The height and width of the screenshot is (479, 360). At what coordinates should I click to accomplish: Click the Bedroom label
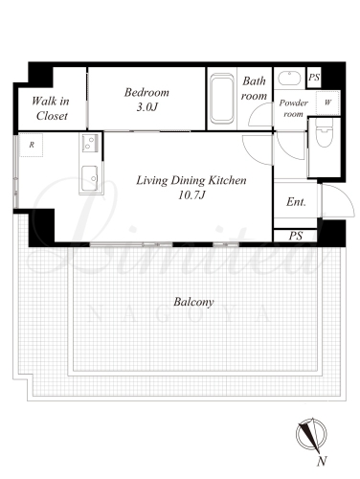pyautogui.click(x=146, y=93)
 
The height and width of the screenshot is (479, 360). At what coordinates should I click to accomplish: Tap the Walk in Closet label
pyautogui.click(x=51, y=108)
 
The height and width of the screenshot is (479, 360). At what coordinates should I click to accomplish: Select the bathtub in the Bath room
pyautogui.click(x=222, y=99)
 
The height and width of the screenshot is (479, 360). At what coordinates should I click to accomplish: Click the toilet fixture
pyautogui.click(x=324, y=132)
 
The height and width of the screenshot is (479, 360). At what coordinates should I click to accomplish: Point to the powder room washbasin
pyautogui.click(x=289, y=79)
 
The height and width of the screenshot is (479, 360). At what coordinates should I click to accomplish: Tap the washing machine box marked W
pyautogui.click(x=327, y=103)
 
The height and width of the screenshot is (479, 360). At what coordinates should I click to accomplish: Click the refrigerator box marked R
pyautogui.click(x=32, y=146)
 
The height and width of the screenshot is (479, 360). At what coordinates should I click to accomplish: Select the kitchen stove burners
pyautogui.click(x=90, y=143)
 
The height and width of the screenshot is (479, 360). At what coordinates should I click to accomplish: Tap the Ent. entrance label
pyautogui.click(x=296, y=202)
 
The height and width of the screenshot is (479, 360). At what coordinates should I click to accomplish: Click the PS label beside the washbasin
pyautogui.click(x=314, y=78)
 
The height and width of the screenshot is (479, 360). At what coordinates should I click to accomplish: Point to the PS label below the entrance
pyautogui.click(x=296, y=236)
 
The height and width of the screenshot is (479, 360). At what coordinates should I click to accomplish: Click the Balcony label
pyautogui.click(x=193, y=302)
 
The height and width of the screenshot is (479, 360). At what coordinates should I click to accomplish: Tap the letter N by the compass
pyautogui.click(x=323, y=461)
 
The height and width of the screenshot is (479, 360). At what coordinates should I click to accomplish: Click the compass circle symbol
pyautogui.click(x=311, y=435)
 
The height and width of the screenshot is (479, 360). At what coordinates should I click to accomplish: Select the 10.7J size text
pyautogui.click(x=191, y=195)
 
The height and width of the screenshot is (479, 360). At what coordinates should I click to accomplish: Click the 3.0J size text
pyautogui.click(x=146, y=107)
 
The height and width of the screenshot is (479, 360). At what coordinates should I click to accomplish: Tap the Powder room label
pyautogui.click(x=293, y=108)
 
